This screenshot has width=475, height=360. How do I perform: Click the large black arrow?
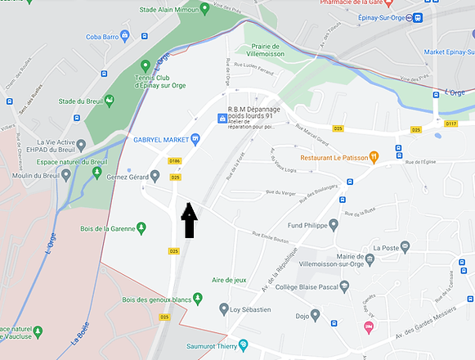coord(189,221)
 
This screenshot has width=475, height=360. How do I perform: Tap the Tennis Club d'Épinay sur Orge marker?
coord(146,65)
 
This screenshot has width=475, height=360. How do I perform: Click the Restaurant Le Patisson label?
coord(333,156)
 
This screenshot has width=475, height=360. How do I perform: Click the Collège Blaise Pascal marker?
coord(345,286)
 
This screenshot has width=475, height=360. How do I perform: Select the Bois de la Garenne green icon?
coord(141,227)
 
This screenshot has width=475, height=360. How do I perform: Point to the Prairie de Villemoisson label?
coord(263,51)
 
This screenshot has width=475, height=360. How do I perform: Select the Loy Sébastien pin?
coord(224,308)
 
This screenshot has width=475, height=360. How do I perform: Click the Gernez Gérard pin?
coord(155,176)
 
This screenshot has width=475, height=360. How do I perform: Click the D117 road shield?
coord(451,124)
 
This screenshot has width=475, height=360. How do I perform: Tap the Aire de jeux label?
coord(229,280)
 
